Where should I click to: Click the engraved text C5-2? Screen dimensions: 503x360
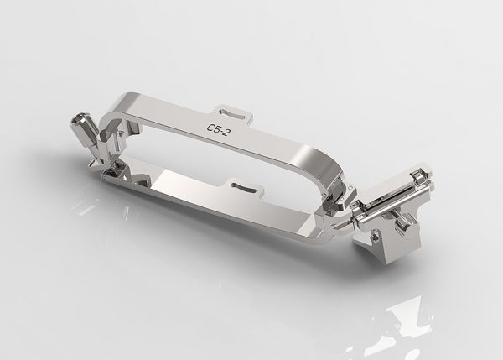pos(218,129)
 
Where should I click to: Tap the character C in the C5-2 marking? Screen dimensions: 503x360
pos(210,128)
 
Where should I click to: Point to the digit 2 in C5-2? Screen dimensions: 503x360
pos(226,132)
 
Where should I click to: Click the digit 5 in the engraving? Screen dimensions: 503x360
pos(217,129)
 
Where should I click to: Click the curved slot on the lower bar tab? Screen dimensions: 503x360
pos(243,188)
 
